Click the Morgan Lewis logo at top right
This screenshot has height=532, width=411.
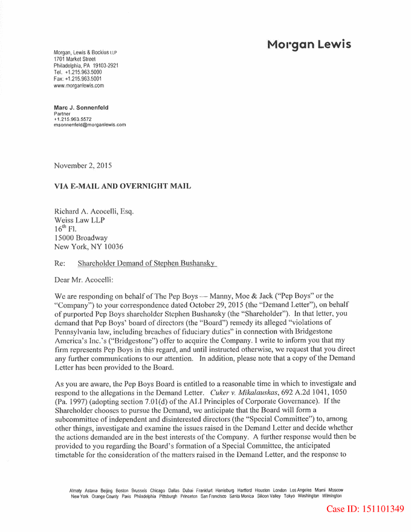(308, 45)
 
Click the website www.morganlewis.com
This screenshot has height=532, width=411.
(79, 85)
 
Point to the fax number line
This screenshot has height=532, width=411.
(78, 79)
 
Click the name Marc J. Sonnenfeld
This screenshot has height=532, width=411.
(81, 108)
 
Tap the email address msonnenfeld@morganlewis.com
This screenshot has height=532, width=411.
(90, 125)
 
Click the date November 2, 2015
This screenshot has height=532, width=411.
(83, 165)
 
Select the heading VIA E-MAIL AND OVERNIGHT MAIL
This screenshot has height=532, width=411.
(123, 186)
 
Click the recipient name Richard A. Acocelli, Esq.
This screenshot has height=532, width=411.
(94, 212)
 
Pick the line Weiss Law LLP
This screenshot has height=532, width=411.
(79, 221)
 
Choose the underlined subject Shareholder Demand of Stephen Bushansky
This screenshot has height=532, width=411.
(147, 264)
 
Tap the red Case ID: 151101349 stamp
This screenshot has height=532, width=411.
(365, 509)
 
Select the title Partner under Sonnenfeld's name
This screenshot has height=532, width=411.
(62, 114)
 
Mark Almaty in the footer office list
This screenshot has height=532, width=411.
(76, 490)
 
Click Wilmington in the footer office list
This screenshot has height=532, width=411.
(332, 496)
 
